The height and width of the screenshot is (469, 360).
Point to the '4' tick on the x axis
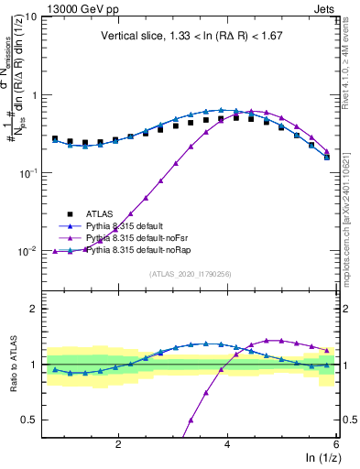click(x=227, y=444)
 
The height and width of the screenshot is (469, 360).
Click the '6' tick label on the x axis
click(x=336, y=444)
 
